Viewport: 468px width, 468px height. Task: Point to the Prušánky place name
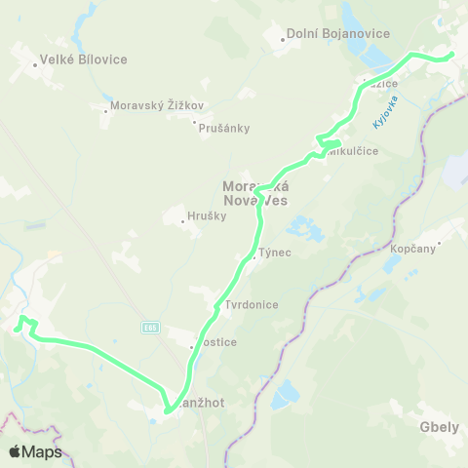(225, 128)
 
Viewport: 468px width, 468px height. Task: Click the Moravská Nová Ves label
(255, 192)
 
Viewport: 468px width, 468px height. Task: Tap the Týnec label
(276, 253)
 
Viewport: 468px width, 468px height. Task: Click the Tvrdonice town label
(252, 304)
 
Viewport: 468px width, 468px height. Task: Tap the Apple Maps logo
(34, 451)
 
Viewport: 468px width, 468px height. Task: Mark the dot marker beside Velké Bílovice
(34, 66)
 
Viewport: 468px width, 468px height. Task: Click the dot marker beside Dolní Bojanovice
(283, 40)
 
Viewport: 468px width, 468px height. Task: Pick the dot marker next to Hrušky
(183, 221)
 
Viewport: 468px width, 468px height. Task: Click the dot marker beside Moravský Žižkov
(106, 110)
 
